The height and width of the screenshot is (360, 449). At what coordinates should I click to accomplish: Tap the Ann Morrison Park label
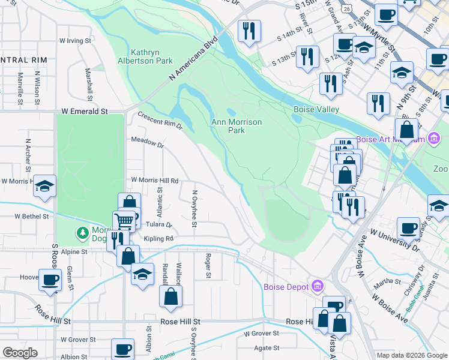tap(237, 126)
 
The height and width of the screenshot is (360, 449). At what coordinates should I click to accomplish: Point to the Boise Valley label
tap(316, 110)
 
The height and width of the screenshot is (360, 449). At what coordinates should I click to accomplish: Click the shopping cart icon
tap(124, 221)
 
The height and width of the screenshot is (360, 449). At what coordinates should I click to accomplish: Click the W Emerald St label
tap(84, 112)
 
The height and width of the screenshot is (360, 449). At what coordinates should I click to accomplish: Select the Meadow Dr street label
tap(147, 145)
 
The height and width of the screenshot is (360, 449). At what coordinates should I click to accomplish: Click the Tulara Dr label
tap(158, 225)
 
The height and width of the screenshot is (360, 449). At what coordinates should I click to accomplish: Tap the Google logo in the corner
tap(20, 353)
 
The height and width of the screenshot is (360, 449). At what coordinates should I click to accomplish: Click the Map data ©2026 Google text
tap(411, 355)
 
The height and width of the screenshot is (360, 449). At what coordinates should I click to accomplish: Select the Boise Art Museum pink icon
tap(433, 140)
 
